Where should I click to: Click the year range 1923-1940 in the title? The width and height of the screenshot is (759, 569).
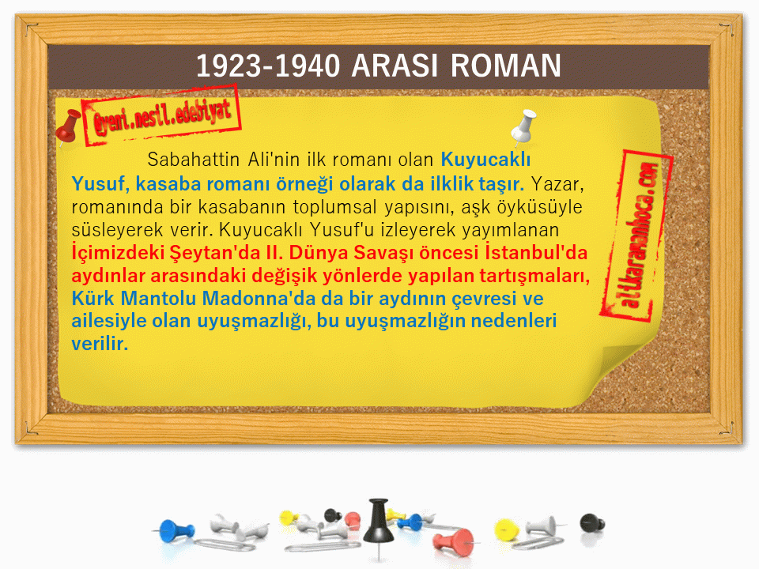pos(268,66)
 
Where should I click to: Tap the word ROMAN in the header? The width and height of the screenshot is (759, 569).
pos(506,66)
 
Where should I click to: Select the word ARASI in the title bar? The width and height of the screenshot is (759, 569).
pos(395,66)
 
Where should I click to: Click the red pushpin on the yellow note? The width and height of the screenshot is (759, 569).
pos(68,126)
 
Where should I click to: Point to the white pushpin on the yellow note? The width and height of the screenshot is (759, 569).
pos(523,126)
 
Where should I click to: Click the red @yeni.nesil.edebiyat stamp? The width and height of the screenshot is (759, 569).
pos(161,115)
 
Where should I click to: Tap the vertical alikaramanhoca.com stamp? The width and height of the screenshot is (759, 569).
pos(636,236)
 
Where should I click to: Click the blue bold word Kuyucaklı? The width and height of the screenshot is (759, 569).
pos(485,159)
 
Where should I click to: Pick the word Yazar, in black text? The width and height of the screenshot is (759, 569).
pos(557,184)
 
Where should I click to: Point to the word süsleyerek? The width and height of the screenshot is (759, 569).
pos(117,230)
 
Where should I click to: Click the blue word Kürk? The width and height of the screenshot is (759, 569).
pos(93,299)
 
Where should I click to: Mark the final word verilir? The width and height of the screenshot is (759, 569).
pos(100,344)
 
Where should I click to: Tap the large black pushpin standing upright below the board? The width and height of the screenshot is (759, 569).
pos(379,525)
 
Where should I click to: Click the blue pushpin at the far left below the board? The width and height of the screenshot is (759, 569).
pos(176,530)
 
